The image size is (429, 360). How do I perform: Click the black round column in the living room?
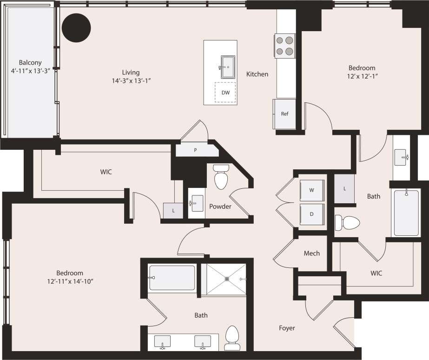[76, 27]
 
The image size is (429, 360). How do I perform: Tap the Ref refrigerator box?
[284, 114]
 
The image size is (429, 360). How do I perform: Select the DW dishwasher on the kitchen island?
[225, 93]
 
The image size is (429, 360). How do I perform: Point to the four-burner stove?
[285, 46]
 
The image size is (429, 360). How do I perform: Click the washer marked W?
[311, 189]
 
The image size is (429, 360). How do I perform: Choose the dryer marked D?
[311, 214]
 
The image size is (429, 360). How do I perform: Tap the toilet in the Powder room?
[220, 177]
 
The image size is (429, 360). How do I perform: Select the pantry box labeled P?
[196, 150]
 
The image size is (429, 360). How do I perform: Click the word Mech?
[311, 253]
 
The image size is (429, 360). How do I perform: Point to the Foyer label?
[287, 328]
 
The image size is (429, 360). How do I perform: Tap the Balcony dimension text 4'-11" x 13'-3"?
[30, 71]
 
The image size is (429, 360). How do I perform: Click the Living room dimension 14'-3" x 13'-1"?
[131, 80]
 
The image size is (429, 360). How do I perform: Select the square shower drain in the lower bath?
[227, 279]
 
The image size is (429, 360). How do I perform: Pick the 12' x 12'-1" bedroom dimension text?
[362, 76]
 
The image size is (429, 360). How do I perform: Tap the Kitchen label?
[257, 74]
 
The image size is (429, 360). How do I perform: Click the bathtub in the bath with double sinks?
[172, 278]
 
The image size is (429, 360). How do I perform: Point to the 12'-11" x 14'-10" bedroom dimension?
[70, 281]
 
